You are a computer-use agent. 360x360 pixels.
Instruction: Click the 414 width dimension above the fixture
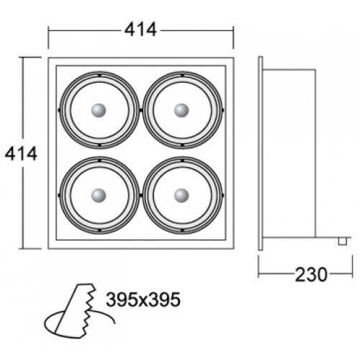coord(140,30)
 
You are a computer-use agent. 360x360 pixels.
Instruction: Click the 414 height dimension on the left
coord(21,153)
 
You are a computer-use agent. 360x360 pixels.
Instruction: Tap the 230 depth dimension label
coord(311,274)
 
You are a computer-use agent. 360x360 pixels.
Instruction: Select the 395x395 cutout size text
coord(143,300)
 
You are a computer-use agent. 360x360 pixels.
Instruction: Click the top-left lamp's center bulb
coord(99,110)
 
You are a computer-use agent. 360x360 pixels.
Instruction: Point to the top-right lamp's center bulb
coord(181,110)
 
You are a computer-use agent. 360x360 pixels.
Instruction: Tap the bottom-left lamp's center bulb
coord(99,196)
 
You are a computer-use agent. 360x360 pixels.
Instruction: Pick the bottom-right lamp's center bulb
coord(181,196)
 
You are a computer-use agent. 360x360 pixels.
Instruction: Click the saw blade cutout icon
coord(79,311)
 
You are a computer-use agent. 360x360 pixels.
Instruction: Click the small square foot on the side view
coord(343,241)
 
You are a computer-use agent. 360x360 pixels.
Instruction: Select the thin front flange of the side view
coord(261,153)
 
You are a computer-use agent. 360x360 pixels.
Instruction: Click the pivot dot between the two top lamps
coord(141,110)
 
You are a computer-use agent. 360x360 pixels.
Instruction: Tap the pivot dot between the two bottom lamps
coord(141,195)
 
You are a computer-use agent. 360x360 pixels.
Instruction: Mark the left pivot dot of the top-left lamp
coord(59,110)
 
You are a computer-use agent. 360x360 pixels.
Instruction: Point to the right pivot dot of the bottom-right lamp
coord(222,195)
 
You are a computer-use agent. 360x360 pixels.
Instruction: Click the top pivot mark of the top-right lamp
coord(182,76)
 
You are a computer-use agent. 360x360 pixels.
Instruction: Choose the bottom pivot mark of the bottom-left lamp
coord(99,230)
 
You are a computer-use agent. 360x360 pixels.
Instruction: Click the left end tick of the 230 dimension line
coord(258,266)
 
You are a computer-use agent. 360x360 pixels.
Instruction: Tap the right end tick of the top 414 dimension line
coord(233,37)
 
